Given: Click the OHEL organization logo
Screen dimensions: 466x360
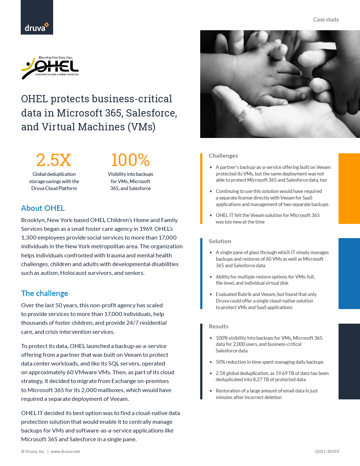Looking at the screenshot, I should [50, 68].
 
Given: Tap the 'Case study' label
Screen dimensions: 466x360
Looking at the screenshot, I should [326, 20].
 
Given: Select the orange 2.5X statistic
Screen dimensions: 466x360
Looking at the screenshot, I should [54, 160].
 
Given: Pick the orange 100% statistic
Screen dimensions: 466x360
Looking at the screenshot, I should [130, 160].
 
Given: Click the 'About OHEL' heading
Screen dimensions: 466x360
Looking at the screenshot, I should [43, 208].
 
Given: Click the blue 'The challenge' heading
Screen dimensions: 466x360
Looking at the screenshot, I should [44, 293].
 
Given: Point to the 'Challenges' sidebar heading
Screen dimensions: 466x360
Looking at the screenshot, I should [223, 156].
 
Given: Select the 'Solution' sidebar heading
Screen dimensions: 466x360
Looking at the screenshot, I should [220, 241].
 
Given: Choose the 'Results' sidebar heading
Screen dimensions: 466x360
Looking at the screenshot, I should [218, 327].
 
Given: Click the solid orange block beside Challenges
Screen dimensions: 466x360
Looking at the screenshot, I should [349, 189].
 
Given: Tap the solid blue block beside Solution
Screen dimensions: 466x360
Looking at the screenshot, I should [349, 273].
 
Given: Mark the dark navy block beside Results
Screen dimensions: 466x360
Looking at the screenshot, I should [349, 362].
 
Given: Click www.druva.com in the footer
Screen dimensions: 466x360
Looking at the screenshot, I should [65, 451].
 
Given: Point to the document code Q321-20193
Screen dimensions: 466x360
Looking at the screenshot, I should [327, 451].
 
